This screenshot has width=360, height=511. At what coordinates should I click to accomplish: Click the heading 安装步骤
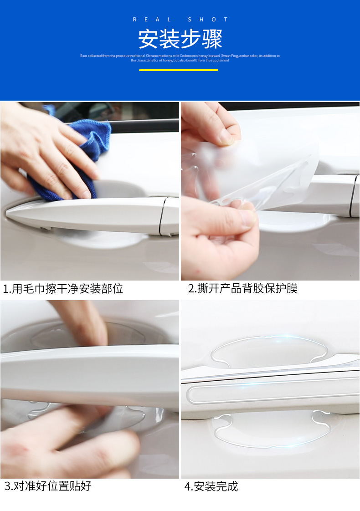tap(180, 40)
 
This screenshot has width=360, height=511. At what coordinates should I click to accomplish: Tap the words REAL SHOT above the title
tap(180, 20)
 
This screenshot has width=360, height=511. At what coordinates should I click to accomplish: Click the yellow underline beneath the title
tap(179, 70)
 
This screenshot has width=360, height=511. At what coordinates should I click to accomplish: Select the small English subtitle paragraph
tap(180, 58)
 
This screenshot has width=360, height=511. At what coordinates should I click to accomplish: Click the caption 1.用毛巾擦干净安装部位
tap(63, 289)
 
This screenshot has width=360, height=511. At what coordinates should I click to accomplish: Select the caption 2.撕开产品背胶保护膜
tap(242, 289)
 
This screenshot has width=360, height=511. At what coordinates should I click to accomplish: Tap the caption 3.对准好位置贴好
tap(48, 486)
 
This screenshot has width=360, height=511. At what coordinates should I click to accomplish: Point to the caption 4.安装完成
tap(211, 486)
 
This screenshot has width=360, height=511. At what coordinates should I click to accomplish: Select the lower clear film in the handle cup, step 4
tap(269, 430)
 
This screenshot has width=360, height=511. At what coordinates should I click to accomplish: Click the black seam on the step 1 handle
tap(162, 216)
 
